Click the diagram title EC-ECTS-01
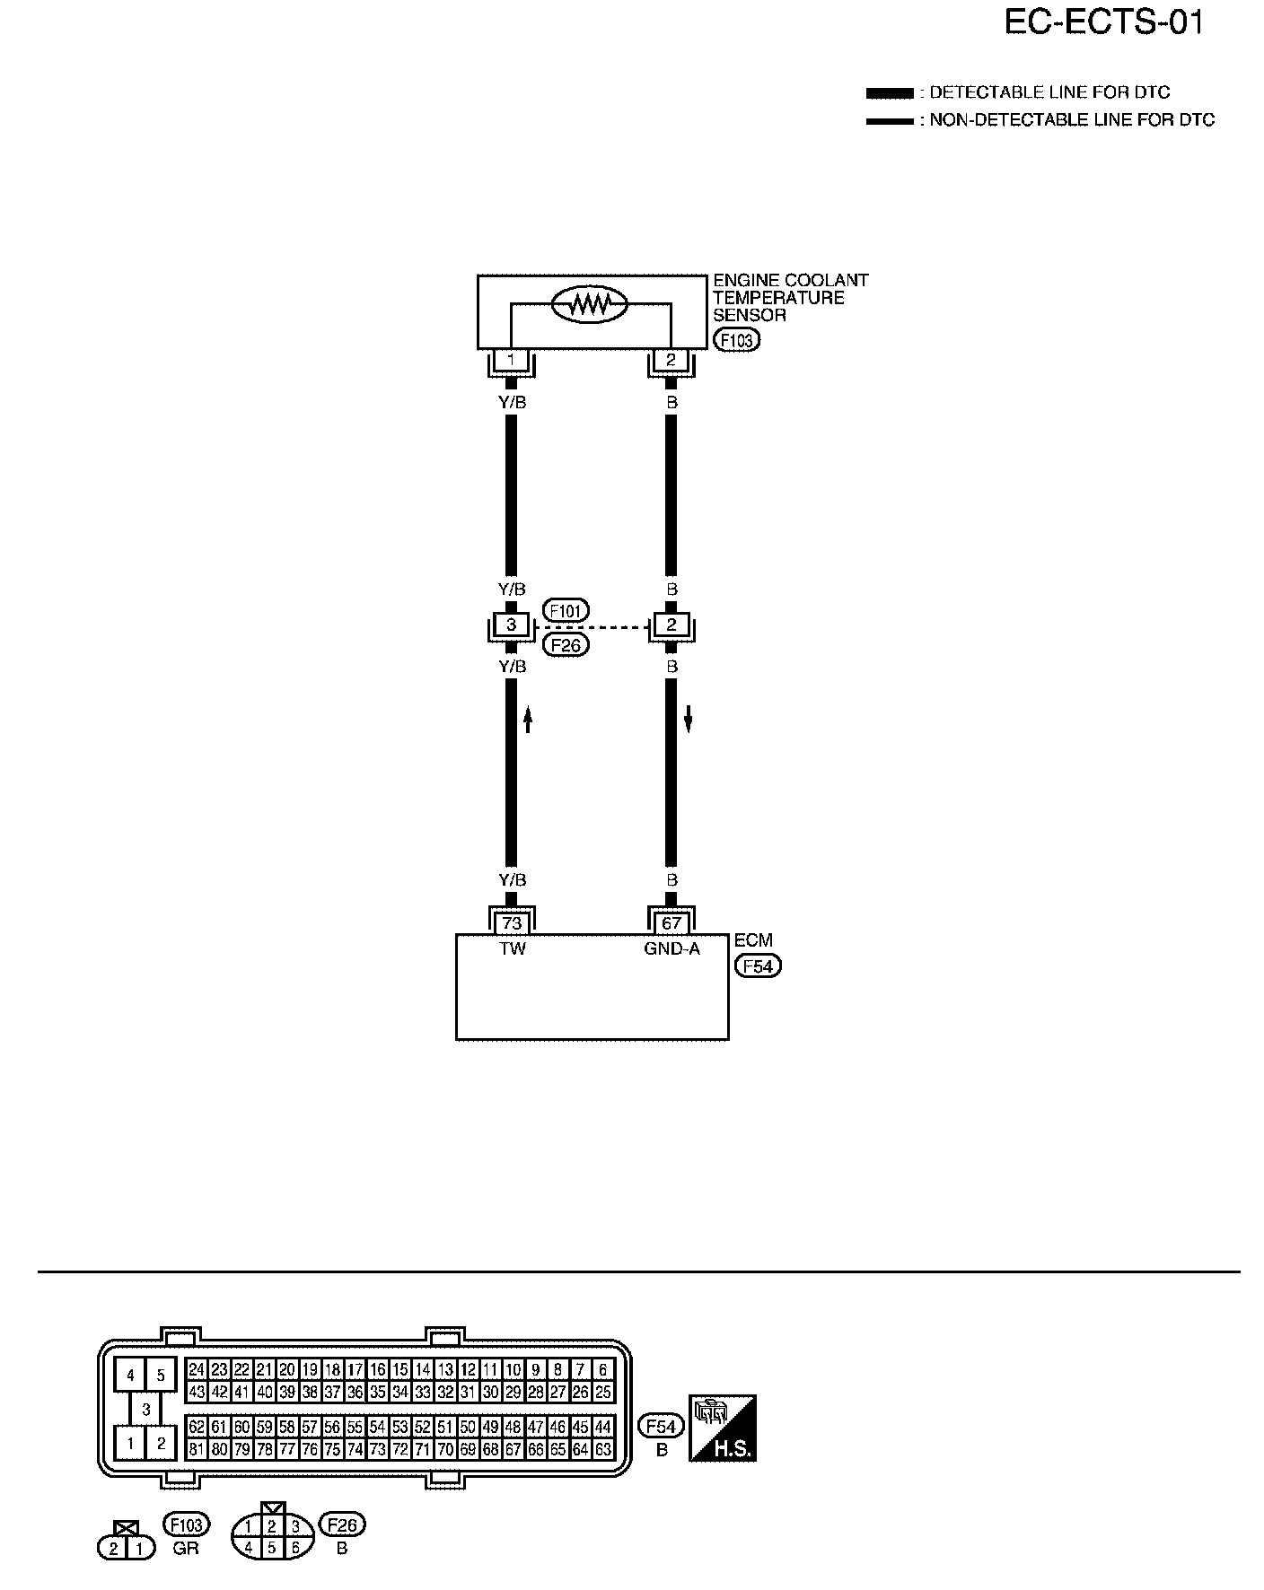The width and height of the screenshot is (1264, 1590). coord(1103,23)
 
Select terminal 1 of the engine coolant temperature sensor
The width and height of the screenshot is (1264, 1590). coord(512,361)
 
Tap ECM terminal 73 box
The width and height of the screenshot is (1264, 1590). coord(512,922)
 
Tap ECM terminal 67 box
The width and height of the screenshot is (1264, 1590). coord(671,922)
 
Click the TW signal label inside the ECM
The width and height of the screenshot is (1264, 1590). coord(512,948)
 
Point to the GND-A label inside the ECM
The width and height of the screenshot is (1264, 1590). coord(671,948)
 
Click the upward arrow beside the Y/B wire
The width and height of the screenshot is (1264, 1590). coord(529,718)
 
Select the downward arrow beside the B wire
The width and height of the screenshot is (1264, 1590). coord(689,718)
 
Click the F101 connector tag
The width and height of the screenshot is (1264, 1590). coord(566,612)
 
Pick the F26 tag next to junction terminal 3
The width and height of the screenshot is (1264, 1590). coord(566,644)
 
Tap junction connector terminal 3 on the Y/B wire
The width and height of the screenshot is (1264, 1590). coord(512,625)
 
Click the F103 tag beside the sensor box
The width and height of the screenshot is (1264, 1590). coord(735,340)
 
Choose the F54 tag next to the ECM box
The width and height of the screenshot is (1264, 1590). coord(758,966)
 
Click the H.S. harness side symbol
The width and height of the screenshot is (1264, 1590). coord(723,1428)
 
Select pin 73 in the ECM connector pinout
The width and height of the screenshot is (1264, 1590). coord(378,1449)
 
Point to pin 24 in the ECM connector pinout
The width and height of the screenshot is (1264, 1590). coord(197,1370)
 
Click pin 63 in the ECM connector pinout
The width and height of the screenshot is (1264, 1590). coord(603,1449)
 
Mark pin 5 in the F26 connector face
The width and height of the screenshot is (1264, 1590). coord(271,1548)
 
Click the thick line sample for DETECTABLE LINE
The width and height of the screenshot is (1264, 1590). coord(889,93)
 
